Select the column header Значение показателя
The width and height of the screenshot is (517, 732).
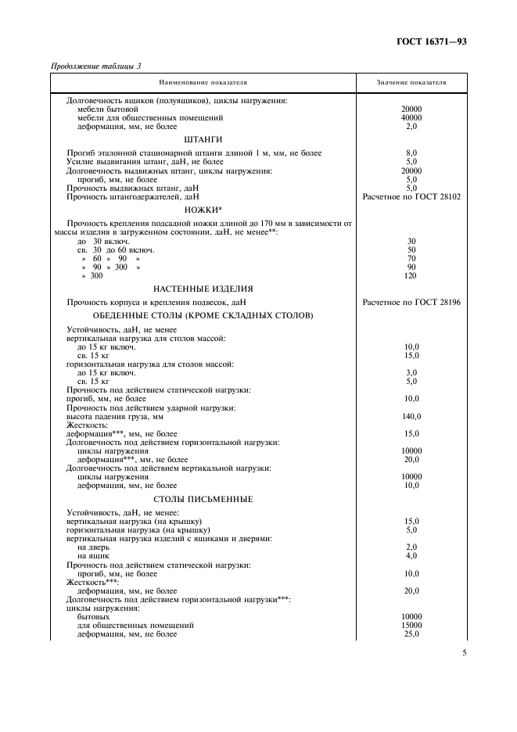coord(411,82)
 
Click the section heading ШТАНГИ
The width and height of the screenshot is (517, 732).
coord(203,139)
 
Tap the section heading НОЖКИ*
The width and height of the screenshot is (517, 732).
coord(203,210)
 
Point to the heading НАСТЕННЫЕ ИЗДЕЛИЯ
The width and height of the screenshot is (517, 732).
coord(203,289)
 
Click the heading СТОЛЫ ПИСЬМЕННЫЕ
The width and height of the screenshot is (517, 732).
coord(203,498)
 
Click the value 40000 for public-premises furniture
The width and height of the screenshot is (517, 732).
coord(411,117)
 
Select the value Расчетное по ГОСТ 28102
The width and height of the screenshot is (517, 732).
coord(411,196)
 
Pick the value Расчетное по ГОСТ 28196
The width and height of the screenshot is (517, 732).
coord(411,302)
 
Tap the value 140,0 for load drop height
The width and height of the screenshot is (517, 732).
coord(411,417)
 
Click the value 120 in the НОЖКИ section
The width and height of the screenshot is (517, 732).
coord(411,275)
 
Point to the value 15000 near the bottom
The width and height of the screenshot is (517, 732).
coord(411,626)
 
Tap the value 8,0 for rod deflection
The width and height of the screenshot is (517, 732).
coord(411,152)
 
